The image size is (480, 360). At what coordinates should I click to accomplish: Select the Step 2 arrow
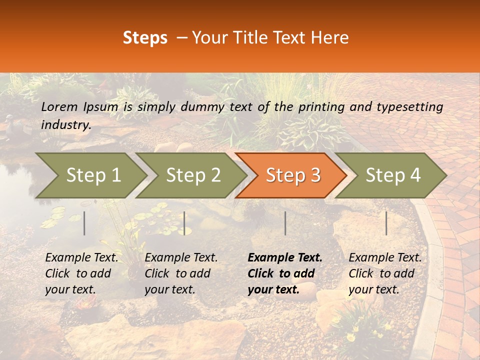pos(193,175)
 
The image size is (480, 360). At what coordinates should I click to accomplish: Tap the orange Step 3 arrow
pos(293,175)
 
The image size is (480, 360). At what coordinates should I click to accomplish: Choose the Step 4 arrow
pos(393,175)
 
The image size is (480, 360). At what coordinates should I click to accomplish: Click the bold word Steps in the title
pos(145,38)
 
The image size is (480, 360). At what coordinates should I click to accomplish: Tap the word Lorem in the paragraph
pos(59,106)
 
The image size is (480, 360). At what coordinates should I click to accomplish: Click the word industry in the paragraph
pos(65,125)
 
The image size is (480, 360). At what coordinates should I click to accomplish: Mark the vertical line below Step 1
pos(84,223)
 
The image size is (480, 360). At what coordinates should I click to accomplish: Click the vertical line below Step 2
pos(184,223)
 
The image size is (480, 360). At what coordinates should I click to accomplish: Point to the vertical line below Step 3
pos(285,223)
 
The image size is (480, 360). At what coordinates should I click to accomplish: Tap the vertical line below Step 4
pos(386,223)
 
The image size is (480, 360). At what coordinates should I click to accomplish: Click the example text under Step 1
pos(81,273)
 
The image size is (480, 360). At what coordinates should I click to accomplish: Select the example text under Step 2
pos(181,273)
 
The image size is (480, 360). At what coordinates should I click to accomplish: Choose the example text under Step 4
pos(385,273)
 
